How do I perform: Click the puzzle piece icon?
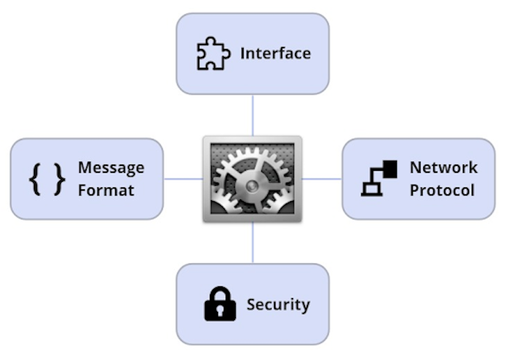pyautogui.click(x=213, y=54)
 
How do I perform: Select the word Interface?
pyautogui.click(x=275, y=54)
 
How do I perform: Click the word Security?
pyautogui.click(x=278, y=305)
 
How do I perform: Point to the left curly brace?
pyautogui.click(x=35, y=179)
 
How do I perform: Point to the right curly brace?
pyautogui.click(x=59, y=179)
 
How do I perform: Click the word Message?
pyautogui.click(x=111, y=168)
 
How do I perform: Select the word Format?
pyautogui.click(x=106, y=191)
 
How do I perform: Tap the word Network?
pyautogui.click(x=444, y=168)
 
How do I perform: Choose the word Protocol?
pyautogui.click(x=442, y=191)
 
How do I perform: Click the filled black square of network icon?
pyautogui.click(x=390, y=169)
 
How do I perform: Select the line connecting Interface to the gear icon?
pyautogui.click(x=253, y=115)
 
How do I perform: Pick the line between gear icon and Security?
pyautogui.click(x=253, y=242)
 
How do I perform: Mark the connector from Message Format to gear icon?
pyautogui.click(x=183, y=179)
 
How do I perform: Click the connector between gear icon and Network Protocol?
pyautogui.click(x=322, y=179)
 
